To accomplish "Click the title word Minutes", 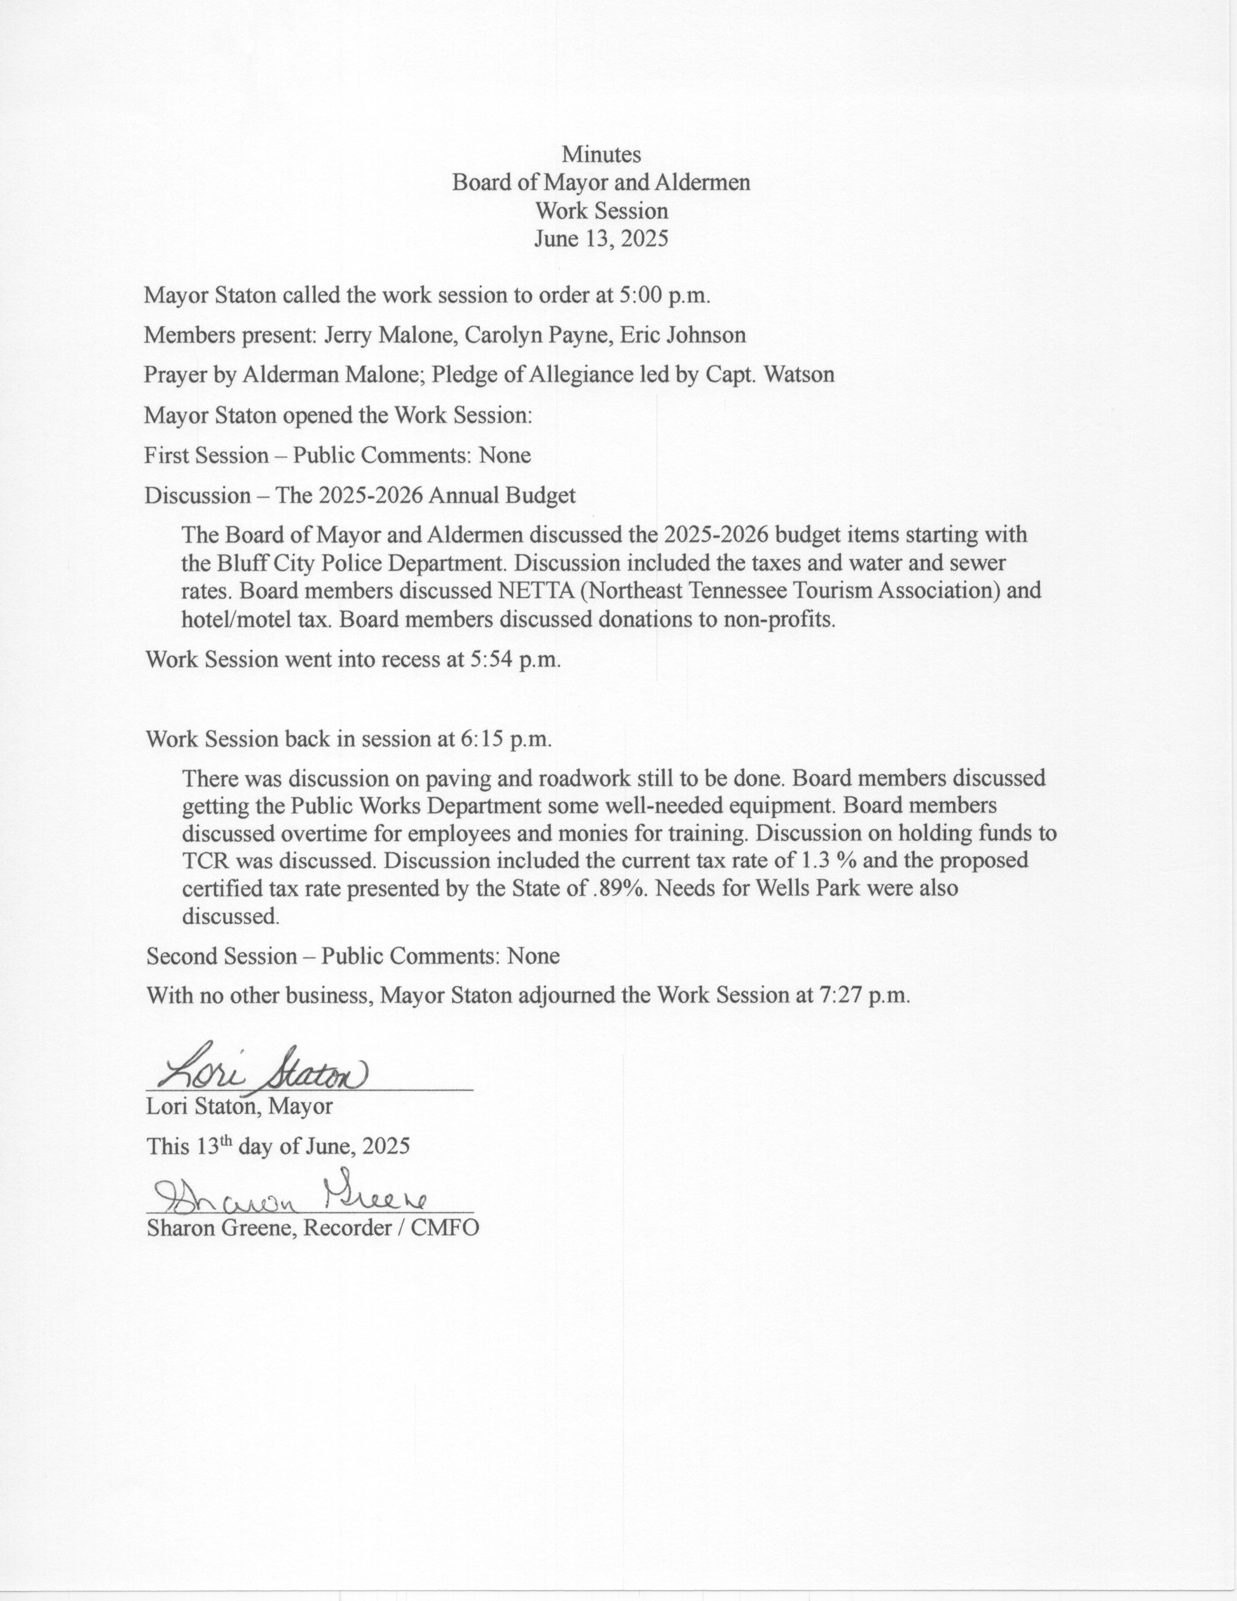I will [601, 155].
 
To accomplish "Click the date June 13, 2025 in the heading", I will [601, 239].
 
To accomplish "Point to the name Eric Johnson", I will [683, 335].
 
